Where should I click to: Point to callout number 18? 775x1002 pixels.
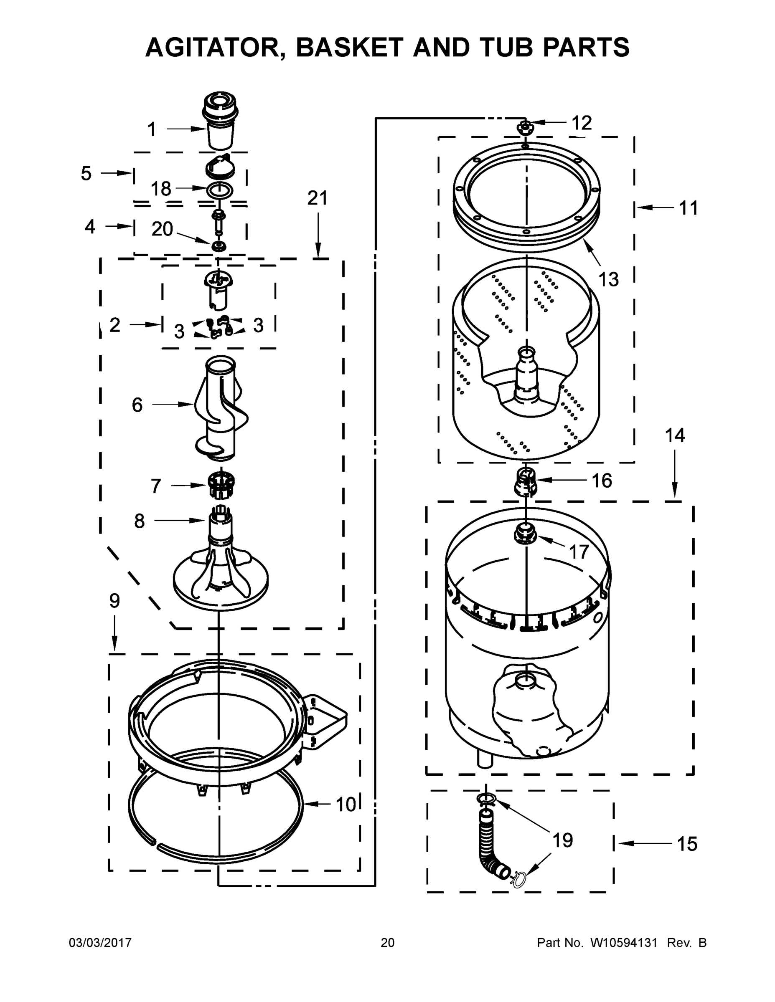click(161, 189)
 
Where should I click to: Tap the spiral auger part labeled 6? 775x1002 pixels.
click(219, 408)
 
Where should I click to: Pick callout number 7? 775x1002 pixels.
click(156, 486)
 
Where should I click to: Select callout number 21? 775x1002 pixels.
click(317, 198)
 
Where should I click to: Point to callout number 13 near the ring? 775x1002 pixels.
click(609, 279)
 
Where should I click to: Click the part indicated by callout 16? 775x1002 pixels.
click(525, 482)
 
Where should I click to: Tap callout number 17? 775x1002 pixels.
click(578, 552)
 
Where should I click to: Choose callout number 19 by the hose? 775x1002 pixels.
click(562, 840)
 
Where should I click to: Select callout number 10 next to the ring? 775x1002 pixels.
click(345, 804)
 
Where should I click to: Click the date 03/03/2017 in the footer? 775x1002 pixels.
click(100, 942)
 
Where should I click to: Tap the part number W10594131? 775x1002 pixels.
click(623, 942)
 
